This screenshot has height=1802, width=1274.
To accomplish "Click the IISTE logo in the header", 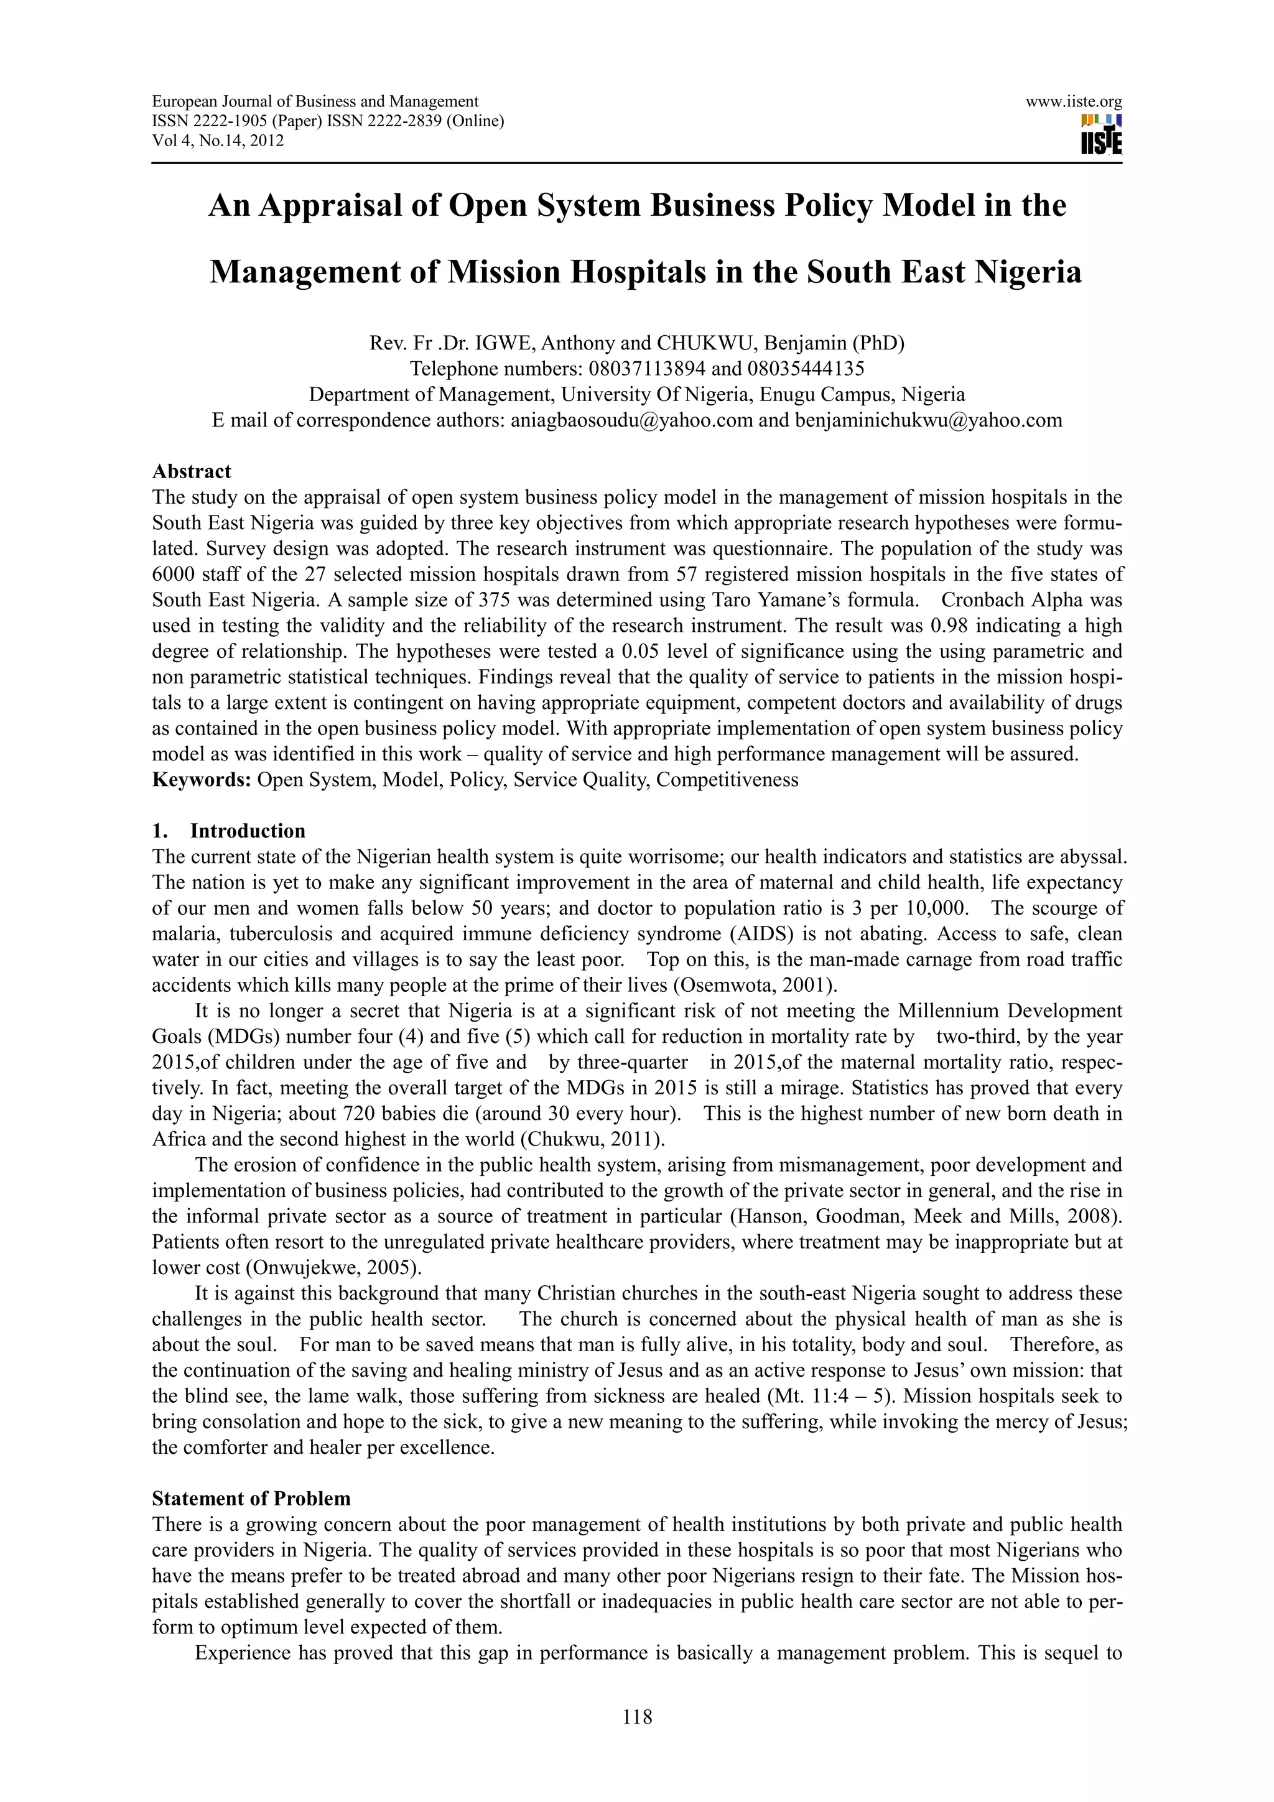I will click(1100, 135).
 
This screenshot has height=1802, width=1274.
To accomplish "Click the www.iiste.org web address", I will click(1073, 101).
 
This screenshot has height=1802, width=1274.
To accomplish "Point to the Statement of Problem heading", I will click(251, 1499).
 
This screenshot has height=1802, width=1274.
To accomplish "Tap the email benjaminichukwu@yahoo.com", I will click(928, 420).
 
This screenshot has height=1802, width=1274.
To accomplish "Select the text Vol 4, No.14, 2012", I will click(218, 141).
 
